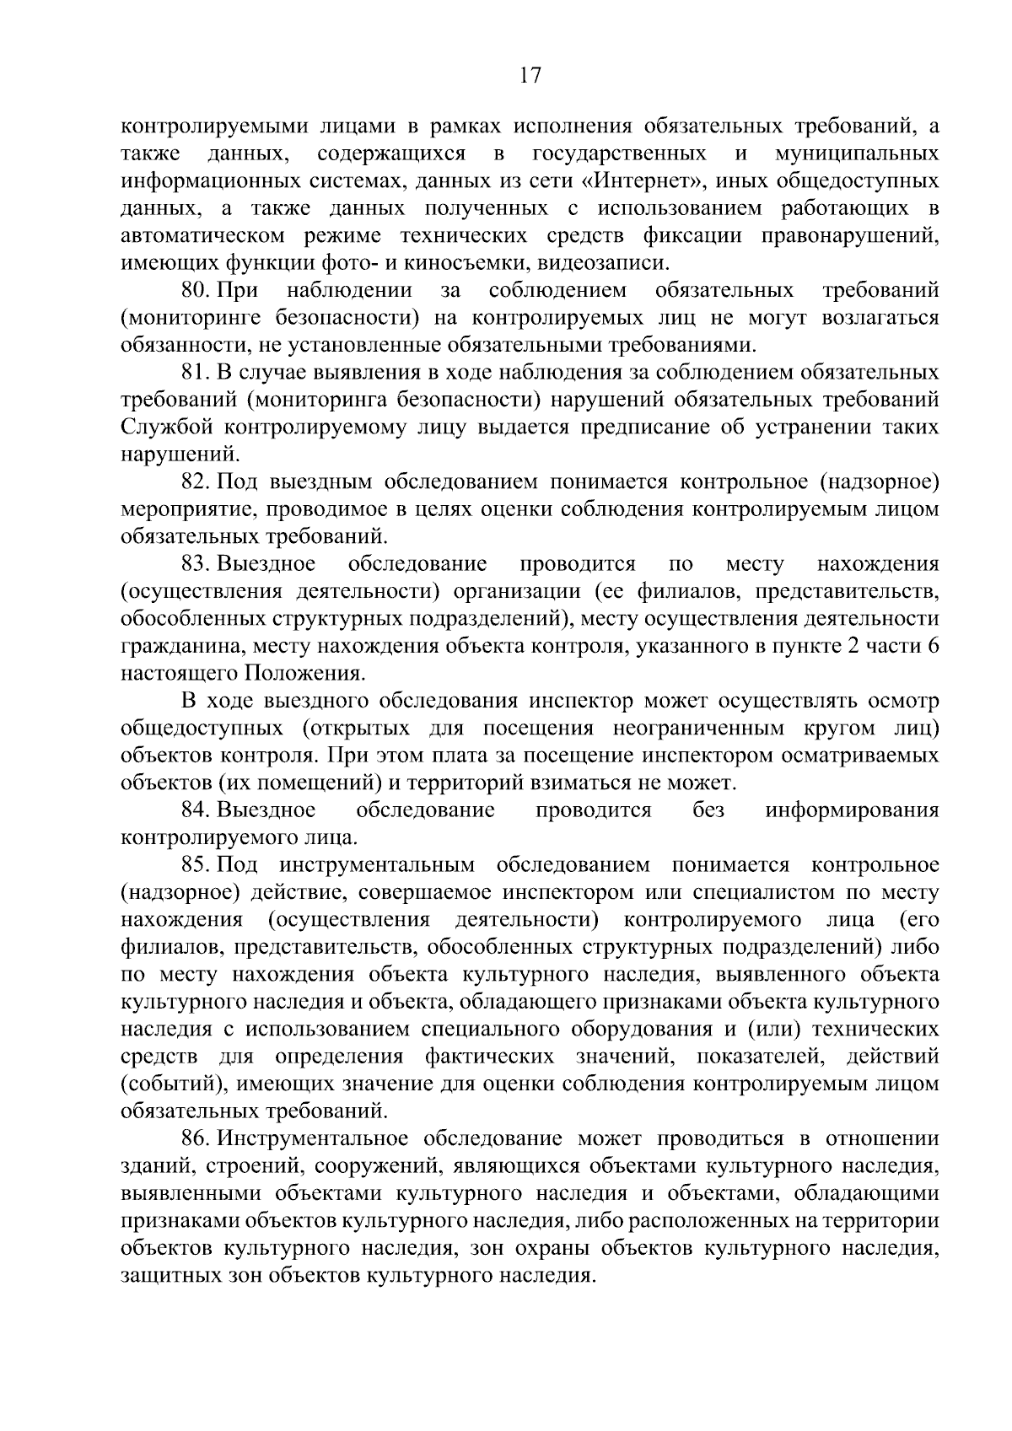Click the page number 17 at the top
click(x=530, y=75)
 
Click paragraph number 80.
click(x=195, y=290)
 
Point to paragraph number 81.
click(x=195, y=372)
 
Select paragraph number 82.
click(x=195, y=482)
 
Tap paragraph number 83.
click(x=195, y=563)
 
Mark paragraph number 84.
click(x=195, y=810)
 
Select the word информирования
click(x=852, y=810)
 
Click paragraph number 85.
click(x=195, y=864)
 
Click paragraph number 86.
click(x=195, y=1138)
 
